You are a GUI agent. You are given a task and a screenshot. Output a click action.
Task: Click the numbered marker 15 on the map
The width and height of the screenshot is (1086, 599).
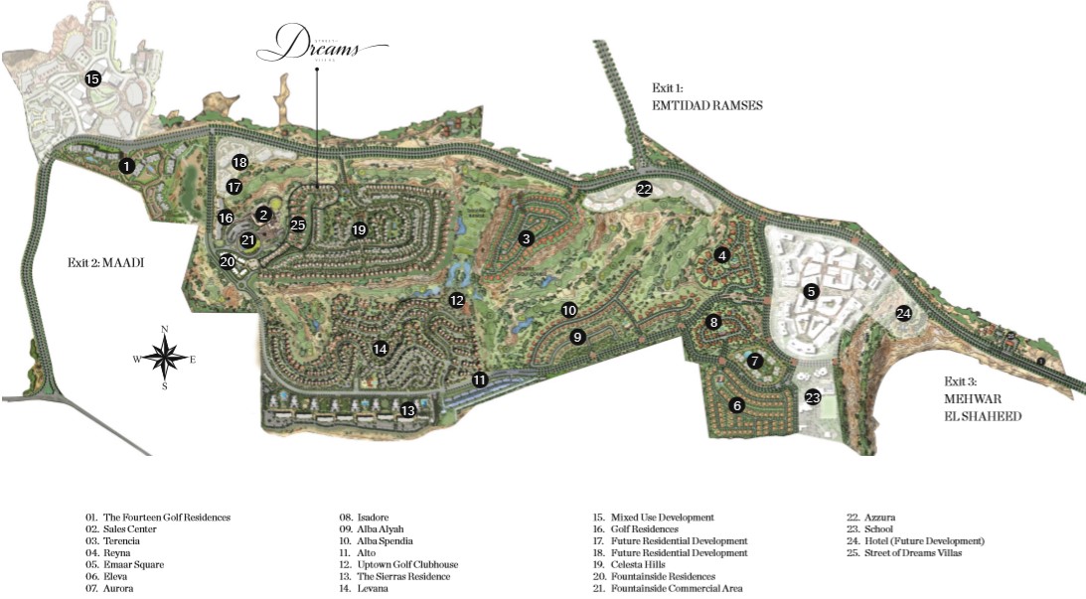click(x=92, y=78)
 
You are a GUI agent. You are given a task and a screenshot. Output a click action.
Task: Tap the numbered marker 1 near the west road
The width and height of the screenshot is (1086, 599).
click(x=127, y=166)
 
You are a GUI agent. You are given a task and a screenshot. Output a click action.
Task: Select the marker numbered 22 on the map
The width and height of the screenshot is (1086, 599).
click(x=644, y=189)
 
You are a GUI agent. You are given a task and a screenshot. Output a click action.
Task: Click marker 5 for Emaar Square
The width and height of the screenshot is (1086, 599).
click(x=812, y=291)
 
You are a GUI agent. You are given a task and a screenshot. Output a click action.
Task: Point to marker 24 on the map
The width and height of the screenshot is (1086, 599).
click(x=903, y=313)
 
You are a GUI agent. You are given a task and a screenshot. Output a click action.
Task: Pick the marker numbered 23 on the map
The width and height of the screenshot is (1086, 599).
click(x=814, y=397)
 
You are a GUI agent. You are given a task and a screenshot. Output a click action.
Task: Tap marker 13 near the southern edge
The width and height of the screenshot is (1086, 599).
click(x=407, y=410)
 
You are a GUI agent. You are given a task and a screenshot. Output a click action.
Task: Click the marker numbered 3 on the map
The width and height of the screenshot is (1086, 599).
click(x=526, y=237)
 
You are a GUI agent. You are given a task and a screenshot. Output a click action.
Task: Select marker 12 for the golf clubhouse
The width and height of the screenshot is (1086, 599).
click(x=456, y=300)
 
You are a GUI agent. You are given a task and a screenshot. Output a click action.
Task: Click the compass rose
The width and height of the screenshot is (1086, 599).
click(x=165, y=357)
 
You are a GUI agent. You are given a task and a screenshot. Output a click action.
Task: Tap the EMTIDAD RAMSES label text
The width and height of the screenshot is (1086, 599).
click(x=706, y=104)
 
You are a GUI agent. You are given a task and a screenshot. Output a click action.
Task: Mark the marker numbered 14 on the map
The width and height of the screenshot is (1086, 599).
click(x=380, y=349)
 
